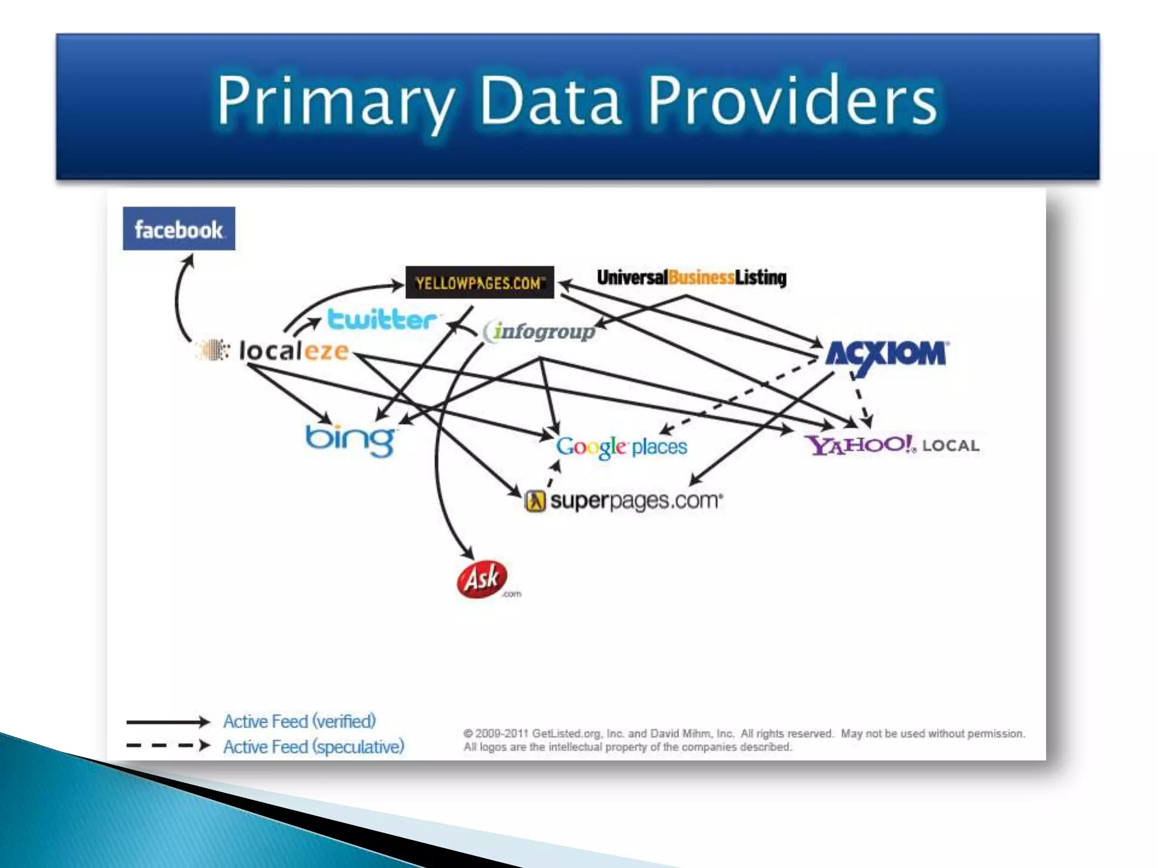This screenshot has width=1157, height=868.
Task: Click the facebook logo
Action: point(179,229)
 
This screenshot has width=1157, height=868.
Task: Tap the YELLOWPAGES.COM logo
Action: point(480,282)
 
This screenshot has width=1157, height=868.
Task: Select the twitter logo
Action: point(382,319)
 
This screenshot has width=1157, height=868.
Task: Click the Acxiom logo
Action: point(886,355)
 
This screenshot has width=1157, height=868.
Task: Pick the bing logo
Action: point(351,439)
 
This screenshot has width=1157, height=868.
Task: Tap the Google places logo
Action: point(621,447)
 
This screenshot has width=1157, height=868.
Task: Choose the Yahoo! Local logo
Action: point(891,445)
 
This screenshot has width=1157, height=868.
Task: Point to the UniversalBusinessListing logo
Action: point(691,277)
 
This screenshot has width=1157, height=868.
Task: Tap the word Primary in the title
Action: point(336,102)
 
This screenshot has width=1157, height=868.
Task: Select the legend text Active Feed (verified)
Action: point(299,722)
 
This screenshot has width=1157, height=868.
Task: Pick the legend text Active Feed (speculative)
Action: point(314,747)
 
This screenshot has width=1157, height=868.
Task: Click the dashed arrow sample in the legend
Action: point(168,746)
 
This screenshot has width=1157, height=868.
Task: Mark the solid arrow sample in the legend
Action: point(168,722)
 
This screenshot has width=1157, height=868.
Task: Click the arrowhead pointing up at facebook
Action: point(189,261)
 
